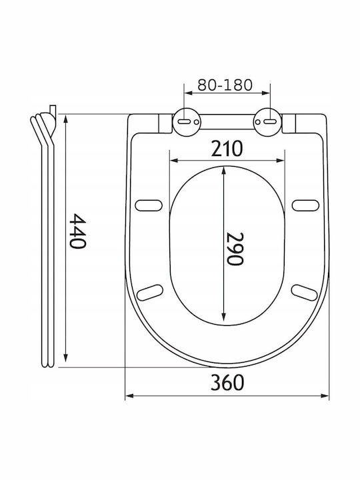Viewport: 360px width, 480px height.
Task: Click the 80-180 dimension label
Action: point(225,85)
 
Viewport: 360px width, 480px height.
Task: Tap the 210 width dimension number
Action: point(227,149)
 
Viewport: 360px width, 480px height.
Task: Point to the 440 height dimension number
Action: point(78,231)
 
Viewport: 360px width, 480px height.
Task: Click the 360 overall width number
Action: point(227,383)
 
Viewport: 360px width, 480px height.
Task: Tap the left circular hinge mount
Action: point(187,122)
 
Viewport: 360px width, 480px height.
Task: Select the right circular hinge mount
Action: point(267,122)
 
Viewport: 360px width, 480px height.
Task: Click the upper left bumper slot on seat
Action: point(149,205)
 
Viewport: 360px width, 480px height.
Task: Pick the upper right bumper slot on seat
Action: point(305,205)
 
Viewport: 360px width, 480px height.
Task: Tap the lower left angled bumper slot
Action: point(150,293)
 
